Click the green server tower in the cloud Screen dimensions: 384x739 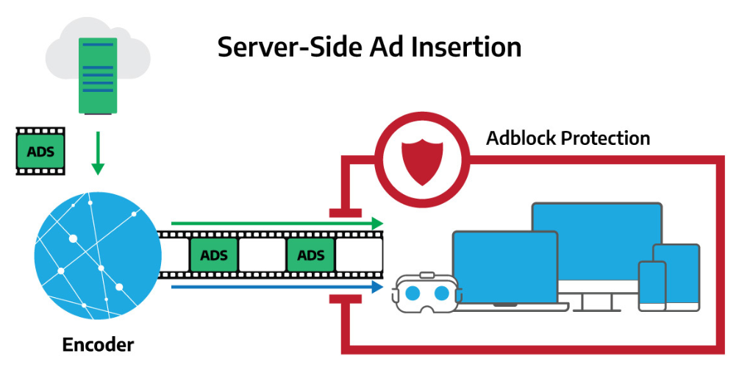[x=97, y=76]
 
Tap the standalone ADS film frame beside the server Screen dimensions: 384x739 [x=40, y=152]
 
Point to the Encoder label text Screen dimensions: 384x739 [x=98, y=344]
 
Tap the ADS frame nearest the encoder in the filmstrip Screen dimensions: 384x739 [x=214, y=255]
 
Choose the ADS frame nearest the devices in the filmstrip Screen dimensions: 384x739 [x=310, y=255]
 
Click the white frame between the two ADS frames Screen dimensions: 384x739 [x=262, y=255]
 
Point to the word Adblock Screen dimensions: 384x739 [x=518, y=138]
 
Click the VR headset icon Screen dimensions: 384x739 [x=427, y=294]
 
